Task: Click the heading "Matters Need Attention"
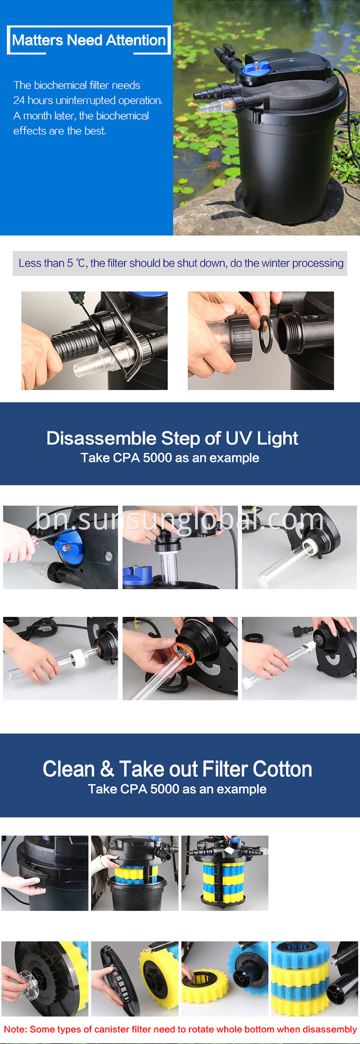pyautogui.click(x=89, y=40)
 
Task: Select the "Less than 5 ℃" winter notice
pyautogui.click(x=180, y=263)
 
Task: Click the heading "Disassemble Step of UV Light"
pyautogui.click(x=172, y=438)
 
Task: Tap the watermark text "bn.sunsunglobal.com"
pyautogui.click(x=180, y=520)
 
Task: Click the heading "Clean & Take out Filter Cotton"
pyautogui.click(x=177, y=769)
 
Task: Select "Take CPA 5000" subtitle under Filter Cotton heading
pyautogui.click(x=177, y=789)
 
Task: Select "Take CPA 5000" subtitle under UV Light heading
pyautogui.click(x=170, y=458)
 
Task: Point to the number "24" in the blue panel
pyautogui.click(x=19, y=100)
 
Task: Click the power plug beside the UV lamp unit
pyautogui.click(x=294, y=629)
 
